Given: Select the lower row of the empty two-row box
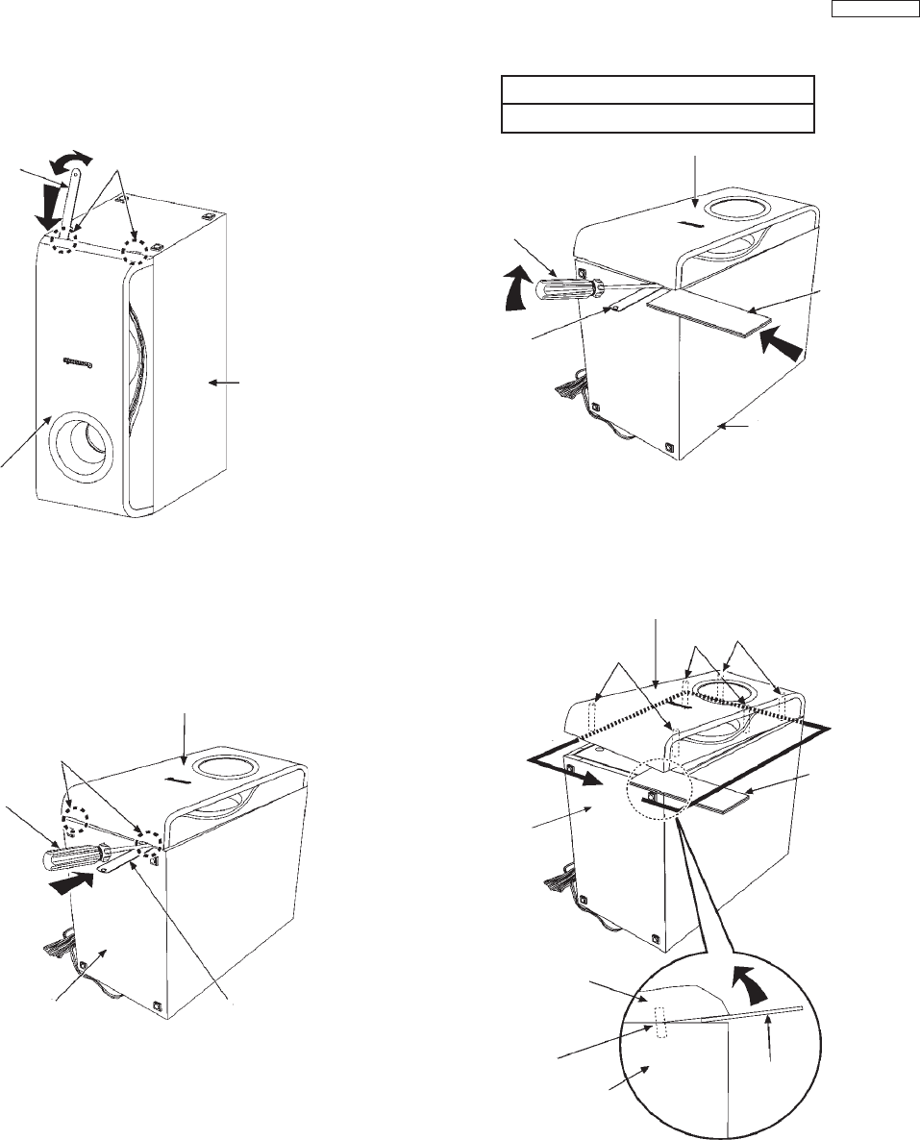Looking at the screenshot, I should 659,118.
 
